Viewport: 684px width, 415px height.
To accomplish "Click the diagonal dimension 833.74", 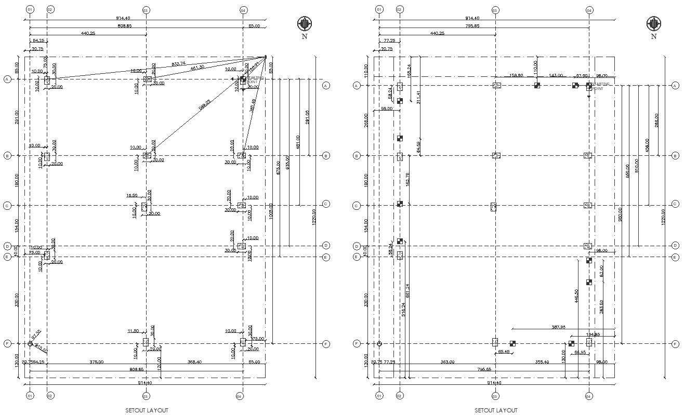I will coord(178,64).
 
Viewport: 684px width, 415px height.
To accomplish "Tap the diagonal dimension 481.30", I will coord(197,68).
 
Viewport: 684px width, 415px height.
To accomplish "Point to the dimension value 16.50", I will coord(132,196).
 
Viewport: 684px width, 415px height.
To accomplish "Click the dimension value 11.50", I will coord(133,331).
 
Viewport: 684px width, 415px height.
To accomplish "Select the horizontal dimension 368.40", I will coord(194,362).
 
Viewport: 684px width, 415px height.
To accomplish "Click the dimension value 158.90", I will coord(516,75).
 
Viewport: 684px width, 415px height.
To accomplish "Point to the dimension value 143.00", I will coord(556,75).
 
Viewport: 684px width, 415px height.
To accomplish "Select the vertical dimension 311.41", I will coord(418,97).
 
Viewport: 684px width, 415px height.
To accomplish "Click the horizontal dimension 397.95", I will coord(562,327).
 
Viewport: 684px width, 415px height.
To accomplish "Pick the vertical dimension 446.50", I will coord(576,296).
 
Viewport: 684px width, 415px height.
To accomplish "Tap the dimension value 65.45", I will coord(504,352).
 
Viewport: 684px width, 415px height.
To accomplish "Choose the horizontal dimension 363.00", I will coord(448,362).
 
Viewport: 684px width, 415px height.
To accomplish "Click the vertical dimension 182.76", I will coord(407,179).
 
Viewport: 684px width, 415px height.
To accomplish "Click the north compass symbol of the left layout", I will coord(304,23).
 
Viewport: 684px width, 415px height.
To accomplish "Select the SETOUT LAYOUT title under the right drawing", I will coord(496,410).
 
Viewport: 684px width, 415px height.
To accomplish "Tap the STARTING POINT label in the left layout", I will coord(255,80).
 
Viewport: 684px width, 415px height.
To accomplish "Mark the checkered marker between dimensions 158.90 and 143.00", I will coord(537,85).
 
